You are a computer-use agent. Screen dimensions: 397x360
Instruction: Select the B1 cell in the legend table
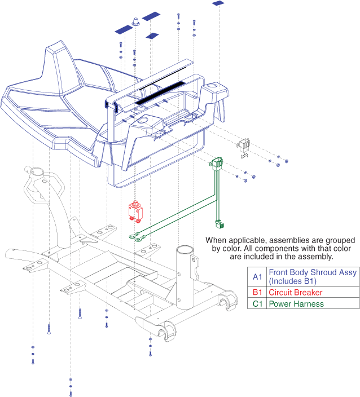pyautogui.click(x=257, y=292)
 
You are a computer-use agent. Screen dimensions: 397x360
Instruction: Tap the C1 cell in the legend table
pyautogui.click(x=257, y=303)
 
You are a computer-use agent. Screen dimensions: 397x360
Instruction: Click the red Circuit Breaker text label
pyautogui.click(x=295, y=292)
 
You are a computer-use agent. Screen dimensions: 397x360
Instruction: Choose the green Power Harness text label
pyautogui.click(x=296, y=303)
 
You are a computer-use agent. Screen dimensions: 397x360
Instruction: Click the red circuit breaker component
pyautogui.click(x=136, y=210)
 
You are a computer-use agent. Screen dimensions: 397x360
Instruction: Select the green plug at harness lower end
pyautogui.click(x=219, y=225)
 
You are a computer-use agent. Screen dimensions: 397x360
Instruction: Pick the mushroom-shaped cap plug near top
pyautogui.click(x=137, y=21)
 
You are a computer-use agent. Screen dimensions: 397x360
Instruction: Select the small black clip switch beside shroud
pyautogui.click(x=245, y=146)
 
